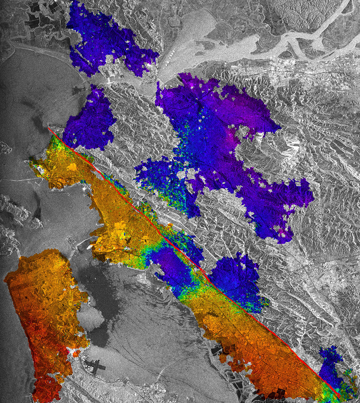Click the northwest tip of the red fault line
point(49,128)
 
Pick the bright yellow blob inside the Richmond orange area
point(72,167)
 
